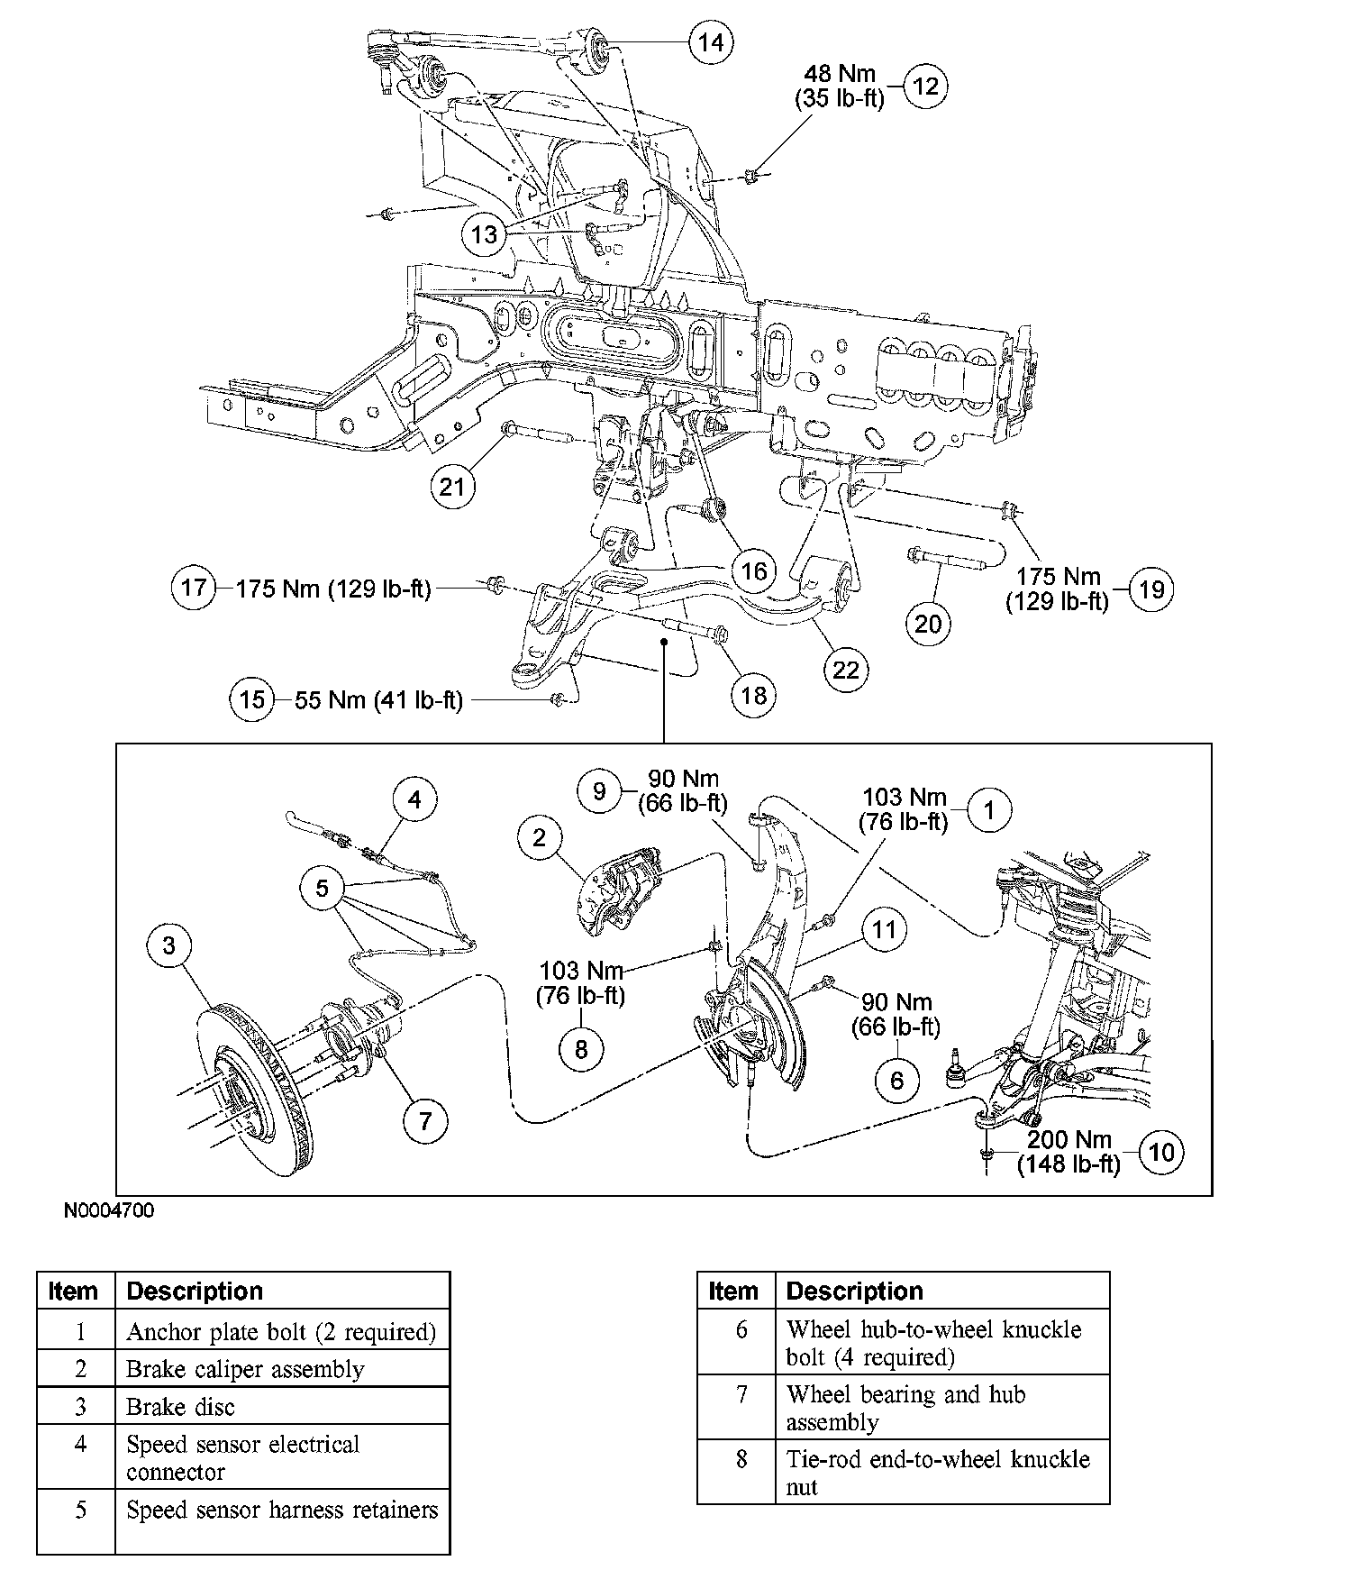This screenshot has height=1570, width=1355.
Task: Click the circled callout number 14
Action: (711, 42)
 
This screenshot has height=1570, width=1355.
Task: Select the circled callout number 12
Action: (925, 87)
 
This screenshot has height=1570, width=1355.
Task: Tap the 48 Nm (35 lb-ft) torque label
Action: (840, 87)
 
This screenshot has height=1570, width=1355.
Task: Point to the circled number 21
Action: (451, 487)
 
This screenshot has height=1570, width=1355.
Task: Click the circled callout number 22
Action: (846, 670)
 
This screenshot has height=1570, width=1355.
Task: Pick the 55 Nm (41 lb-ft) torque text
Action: (378, 700)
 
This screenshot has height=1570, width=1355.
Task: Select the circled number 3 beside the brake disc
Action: (169, 945)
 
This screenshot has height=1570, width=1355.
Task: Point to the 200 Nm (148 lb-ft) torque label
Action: (1069, 1152)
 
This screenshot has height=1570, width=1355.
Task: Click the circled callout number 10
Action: (1162, 1153)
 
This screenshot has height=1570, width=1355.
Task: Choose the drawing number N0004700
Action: (109, 1210)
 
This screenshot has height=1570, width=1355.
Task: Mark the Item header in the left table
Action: (75, 1292)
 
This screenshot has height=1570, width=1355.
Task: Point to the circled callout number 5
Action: (323, 889)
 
